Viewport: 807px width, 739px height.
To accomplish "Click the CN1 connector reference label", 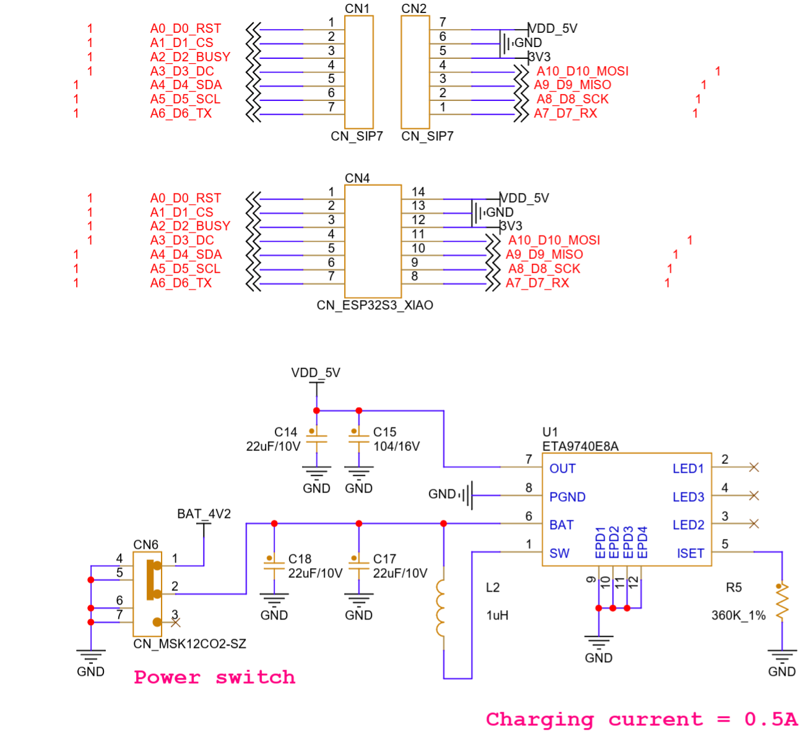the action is [357, 9].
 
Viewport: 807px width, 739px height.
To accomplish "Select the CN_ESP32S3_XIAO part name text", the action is [374, 305].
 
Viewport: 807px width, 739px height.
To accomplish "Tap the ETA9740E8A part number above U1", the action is [580, 446].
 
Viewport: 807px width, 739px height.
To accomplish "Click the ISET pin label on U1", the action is [690, 553].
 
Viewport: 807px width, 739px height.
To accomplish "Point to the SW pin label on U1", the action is [559, 553].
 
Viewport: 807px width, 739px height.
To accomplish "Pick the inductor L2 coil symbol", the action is [441, 608].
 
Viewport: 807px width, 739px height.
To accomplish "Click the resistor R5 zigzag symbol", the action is [782, 602].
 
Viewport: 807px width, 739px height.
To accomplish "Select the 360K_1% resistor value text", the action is [738, 615].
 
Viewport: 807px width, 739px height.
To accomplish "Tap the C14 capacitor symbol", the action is [317, 439].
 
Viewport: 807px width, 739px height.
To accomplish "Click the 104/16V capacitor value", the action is [397, 446].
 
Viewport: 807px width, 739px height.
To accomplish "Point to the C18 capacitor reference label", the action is [300, 559].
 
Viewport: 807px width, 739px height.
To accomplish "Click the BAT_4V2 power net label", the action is [204, 514].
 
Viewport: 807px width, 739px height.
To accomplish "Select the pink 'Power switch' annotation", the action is [215, 678].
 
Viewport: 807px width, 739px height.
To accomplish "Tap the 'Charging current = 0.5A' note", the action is [642, 720].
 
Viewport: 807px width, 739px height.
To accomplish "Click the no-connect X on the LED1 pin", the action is [754, 467].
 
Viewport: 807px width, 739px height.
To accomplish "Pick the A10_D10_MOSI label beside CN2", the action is [582, 71].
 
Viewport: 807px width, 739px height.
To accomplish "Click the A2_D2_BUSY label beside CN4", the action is [190, 226].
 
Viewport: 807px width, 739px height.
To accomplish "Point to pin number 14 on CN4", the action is [418, 191].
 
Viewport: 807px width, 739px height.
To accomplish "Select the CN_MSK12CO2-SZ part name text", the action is [189, 644].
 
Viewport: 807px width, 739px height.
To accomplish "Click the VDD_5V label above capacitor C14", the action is [316, 372].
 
